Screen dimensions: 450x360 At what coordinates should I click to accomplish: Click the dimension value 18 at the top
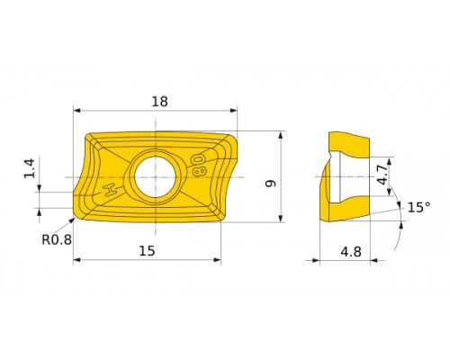(159, 102)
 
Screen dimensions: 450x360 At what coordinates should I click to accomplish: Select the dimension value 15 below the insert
(147, 251)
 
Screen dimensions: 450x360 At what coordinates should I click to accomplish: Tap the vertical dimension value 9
(271, 183)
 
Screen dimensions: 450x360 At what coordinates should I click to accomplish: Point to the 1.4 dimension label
(30, 168)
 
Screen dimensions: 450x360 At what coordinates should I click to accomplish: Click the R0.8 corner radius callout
(57, 239)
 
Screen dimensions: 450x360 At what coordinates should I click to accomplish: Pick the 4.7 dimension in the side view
(383, 175)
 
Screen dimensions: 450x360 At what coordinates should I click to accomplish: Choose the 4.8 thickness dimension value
(351, 252)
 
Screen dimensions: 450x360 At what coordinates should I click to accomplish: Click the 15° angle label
(418, 207)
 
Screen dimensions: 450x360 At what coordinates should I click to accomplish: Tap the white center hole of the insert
(155, 177)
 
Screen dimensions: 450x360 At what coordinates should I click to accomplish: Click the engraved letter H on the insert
(110, 190)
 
